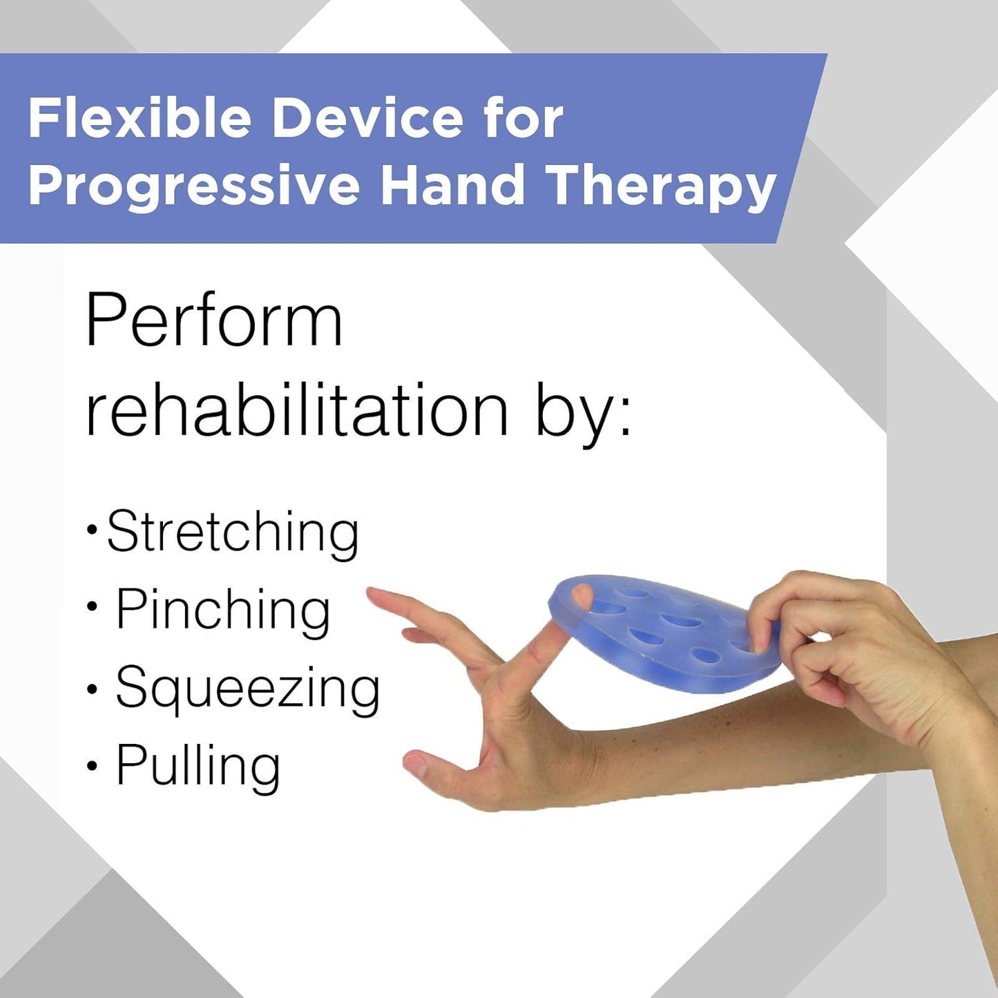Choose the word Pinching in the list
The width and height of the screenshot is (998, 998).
point(222,612)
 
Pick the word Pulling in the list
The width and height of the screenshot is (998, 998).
point(198,767)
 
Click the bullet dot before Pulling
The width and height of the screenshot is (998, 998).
point(92,767)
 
